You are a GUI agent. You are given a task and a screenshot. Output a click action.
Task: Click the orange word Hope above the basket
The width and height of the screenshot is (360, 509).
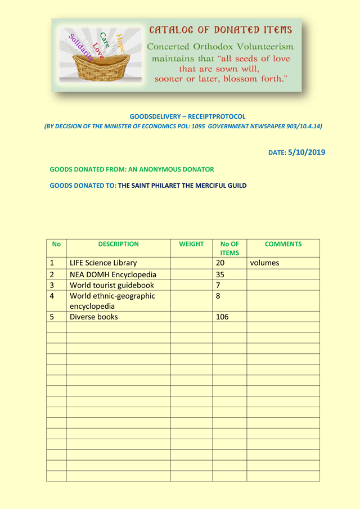pyautogui.click(x=120, y=43)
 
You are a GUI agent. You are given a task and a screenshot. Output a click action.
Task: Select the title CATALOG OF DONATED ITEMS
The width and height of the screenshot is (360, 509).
pyautogui.click(x=220, y=30)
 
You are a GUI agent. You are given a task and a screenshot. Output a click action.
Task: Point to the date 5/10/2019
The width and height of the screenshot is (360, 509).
pyautogui.click(x=306, y=152)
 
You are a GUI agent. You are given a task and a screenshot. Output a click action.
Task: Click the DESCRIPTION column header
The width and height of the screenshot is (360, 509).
pyautogui.click(x=118, y=244)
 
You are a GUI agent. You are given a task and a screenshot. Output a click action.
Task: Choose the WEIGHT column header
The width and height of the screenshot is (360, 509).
pyautogui.click(x=191, y=244)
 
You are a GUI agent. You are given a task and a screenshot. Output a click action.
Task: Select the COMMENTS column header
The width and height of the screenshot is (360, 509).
pyautogui.click(x=283, y=244)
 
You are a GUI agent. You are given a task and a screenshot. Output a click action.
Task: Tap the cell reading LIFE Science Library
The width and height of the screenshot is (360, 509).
pyautogui.click(x=103, y=263)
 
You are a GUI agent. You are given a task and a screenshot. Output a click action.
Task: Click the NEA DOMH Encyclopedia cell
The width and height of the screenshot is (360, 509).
pyautogui.click(x=112, y=274)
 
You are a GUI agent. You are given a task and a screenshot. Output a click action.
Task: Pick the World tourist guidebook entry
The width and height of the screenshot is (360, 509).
pyautogui.click(x=111, y=285)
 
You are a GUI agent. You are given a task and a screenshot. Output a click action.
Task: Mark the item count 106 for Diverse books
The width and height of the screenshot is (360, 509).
pyautogui.click(x=223, y=317)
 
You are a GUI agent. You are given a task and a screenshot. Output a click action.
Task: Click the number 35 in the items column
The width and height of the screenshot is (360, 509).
pyautogui.click(x=220, y=274)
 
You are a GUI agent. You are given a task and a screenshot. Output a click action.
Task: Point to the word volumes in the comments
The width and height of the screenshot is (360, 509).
pyautogui.click(x=264, y=263)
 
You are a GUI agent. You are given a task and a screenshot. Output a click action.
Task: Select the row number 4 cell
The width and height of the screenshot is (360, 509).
pyautogui.click(x=52, y=296)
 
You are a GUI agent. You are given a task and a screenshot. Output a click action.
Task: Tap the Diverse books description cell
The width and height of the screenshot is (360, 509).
pyautogui.click(x=94, y=317)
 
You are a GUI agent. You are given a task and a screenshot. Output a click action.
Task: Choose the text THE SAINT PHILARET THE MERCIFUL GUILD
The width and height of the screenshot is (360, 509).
pyautogui.click(x=182, y=185)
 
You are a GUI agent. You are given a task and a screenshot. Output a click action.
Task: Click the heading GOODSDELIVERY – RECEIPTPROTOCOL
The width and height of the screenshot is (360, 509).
pyautogui.click(x=187, y=116)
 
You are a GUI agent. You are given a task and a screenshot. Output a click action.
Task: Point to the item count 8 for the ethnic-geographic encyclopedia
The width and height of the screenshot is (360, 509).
pyautogui.click(x=218, y=296)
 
